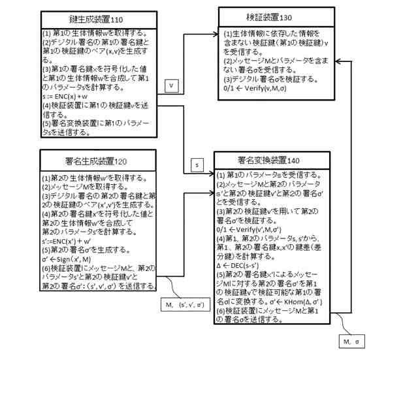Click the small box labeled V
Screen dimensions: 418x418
click(170, 86)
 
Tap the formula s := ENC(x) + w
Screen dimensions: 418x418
click(67, 96)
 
